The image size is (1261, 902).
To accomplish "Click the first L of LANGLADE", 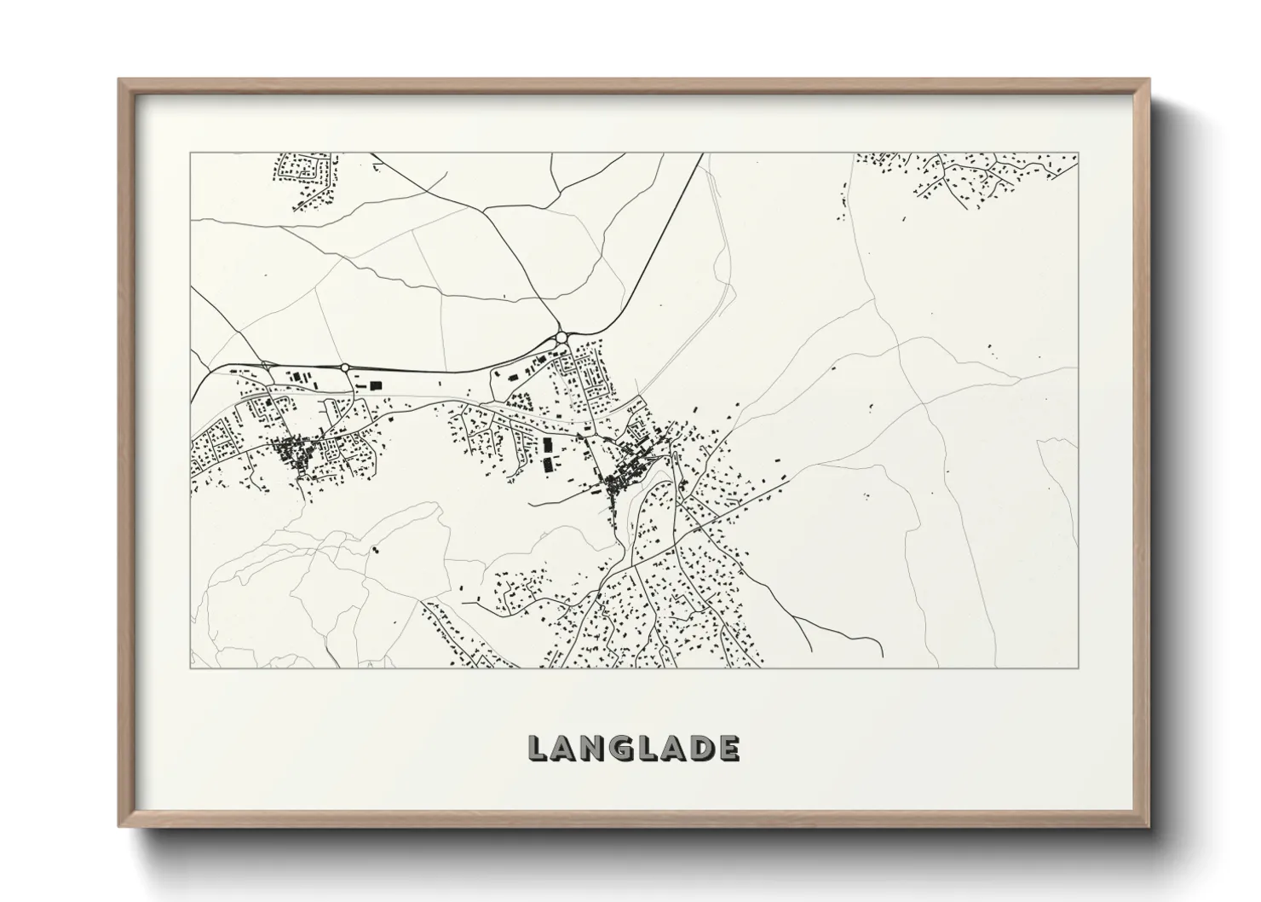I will pyautogui.click(x=538, y=748).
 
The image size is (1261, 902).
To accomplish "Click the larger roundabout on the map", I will pyautogui.click(x=562, y=338).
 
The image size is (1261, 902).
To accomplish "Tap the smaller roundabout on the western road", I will pyautogui.click(x=345, y=367).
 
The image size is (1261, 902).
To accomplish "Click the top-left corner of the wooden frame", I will pyautogui.click(x=119, y=80).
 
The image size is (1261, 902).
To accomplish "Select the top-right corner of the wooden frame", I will pyautogui.click(x=1149, y=80).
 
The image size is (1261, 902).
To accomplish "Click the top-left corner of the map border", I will pyautogui.click(x=190, y=153).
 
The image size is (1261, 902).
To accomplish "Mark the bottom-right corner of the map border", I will pyautogui.click(x=1078, y=668).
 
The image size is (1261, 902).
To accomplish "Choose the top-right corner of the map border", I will pyautogui.click(x=1078, y=153).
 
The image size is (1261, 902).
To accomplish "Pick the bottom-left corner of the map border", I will pyautogui.click(x=190, y=668).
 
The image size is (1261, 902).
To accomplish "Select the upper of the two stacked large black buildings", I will pyautogui.click(x=547, y=444).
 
